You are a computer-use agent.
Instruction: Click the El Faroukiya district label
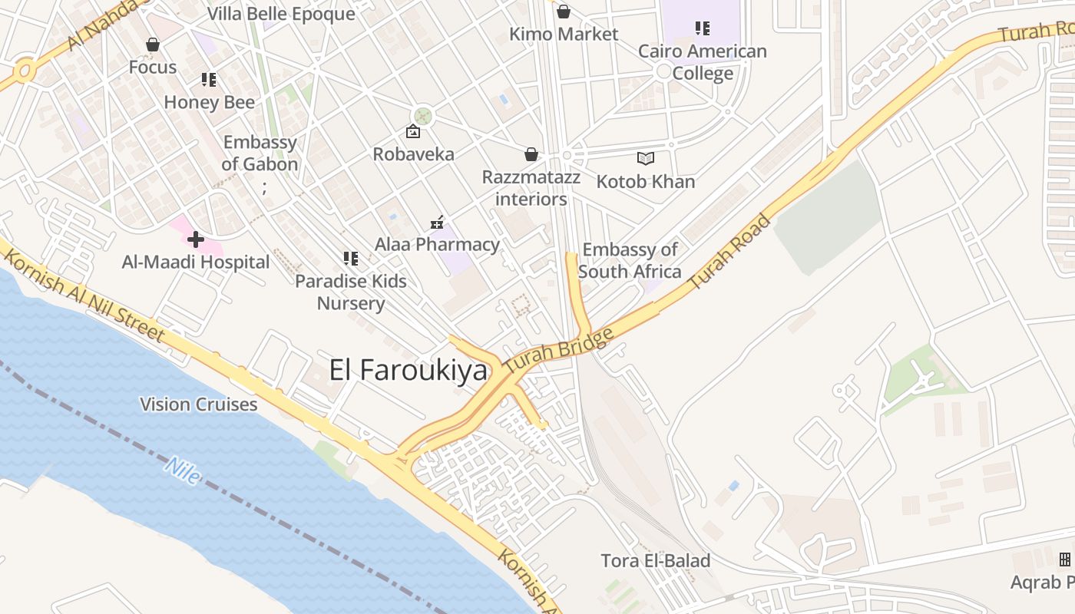click(x=408, y=370)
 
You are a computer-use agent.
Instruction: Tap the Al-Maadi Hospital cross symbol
click(x=196, y=239)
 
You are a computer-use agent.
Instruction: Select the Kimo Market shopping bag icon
click(x=563, y=12)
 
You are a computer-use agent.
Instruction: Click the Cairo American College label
click(x=703, y=62)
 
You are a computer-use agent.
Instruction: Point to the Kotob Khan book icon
click(x=646, y=159)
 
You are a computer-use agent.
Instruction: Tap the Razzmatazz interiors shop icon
click(x=531, y=154)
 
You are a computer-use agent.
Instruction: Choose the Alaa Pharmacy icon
click(x=437, y=223)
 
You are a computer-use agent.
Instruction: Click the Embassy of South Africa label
click(x=630, y=260)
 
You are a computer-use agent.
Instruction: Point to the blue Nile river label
click(x=183, y=470)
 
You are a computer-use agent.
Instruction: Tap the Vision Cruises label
click(x=198, y=404)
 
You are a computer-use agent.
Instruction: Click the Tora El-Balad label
click(x=655, y=560)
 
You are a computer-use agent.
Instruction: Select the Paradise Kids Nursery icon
click(x=351, y=259)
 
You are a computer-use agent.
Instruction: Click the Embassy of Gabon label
click(x=260, y=153)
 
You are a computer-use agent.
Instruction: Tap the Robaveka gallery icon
click(x=413, y=132)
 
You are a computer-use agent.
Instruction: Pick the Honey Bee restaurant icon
click(x=209, y=80)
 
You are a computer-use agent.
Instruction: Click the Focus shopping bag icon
click(x=153, y=45)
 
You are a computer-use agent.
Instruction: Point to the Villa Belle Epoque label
click(x=281, y=14)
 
